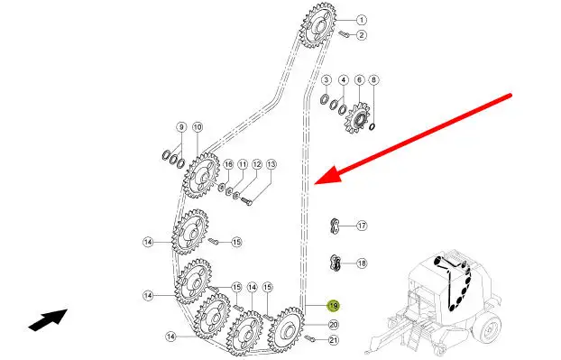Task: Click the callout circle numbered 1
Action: coord(362,20)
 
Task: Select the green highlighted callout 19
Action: coord(334,306)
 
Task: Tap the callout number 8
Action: coord(373,79)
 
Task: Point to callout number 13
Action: coord(271,164)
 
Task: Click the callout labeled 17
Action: coord(362,226)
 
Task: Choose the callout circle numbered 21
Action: coord(334,340)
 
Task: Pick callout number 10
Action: coord(198,127)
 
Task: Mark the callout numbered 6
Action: coord(360,79)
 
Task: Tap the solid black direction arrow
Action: coord(49,319)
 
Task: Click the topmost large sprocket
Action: coord(317,25)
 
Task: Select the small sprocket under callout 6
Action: coord(356,118)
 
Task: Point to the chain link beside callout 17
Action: coord(335,226)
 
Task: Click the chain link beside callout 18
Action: coord(336,263)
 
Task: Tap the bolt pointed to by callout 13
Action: coord(246,201)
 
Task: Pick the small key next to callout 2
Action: coord(344,34)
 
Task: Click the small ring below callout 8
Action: coord(372,126)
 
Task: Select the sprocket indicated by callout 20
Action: coord(287,328)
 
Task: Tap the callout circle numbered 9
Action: coord(181,127)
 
